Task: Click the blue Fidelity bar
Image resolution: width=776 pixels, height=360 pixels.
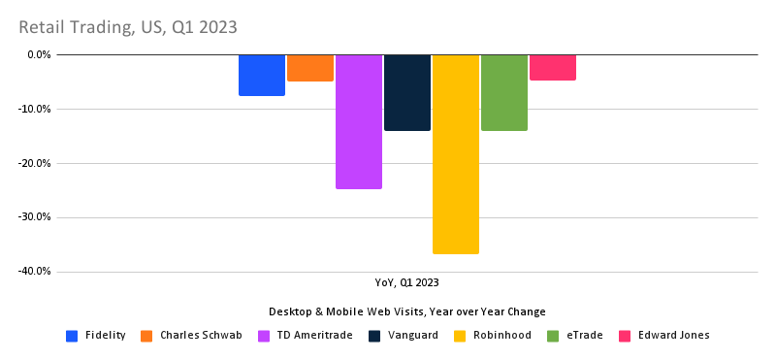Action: pos(262,75)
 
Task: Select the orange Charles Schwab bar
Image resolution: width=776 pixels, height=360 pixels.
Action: pos(310,68)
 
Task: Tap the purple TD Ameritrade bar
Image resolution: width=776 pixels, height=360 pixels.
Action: pos(359,121)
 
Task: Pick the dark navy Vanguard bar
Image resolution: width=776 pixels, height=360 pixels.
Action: pos(407,92)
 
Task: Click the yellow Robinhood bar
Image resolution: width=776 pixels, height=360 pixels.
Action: pos(456,154)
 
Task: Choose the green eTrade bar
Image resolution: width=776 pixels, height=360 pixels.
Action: pos(504,92)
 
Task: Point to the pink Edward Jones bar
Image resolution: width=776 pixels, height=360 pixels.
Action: pos(553,67)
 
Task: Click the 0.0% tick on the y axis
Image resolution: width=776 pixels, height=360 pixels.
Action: pos(39,54)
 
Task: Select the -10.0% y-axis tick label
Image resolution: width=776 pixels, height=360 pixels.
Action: pos(36,109)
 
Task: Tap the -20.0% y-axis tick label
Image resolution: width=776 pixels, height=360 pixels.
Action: pos(36,163)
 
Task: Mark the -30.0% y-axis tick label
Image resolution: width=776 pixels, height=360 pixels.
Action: pos(36,217)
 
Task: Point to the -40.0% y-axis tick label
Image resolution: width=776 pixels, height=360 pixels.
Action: pos(36,272)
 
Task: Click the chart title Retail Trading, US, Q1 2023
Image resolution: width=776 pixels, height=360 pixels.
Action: pos(127,26)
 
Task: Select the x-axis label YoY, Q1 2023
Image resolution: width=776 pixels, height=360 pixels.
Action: pos(407,283)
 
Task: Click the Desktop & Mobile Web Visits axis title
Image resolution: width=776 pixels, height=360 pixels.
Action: pos(407,311)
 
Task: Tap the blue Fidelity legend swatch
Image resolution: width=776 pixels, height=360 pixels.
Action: pos(72,336)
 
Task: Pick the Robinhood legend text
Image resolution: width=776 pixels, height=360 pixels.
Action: pos(502,336)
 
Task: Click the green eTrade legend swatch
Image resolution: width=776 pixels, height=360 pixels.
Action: pos(553,336)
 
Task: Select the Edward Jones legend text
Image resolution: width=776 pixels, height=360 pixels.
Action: pos(673,336)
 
